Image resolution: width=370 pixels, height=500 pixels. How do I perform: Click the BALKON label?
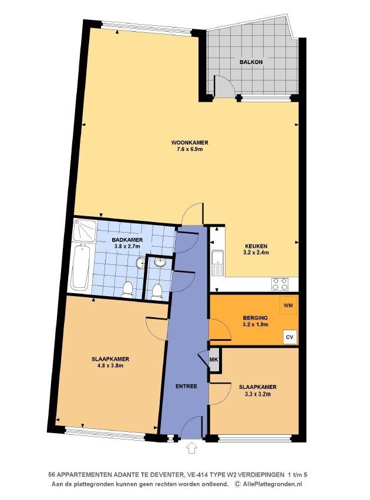coord(251,62)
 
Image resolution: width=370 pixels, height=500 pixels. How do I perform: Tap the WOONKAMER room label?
coord(190,142)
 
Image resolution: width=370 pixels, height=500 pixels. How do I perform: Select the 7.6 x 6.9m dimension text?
coord(190,149)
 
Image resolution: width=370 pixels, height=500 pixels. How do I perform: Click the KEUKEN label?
coord(256,246)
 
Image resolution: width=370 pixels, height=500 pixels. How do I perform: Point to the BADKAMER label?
coord(127,240)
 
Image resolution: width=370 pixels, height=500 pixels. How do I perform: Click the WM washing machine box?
coord(288,305)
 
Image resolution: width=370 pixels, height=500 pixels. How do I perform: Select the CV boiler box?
coord(290,337)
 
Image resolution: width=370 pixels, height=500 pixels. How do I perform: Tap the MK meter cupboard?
coord(214,360)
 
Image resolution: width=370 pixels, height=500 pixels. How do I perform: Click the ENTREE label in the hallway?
coord(186,386)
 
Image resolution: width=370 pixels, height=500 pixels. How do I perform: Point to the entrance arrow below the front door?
coord(191,448)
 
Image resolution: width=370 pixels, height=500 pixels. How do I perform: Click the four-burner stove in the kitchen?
coord(280,284)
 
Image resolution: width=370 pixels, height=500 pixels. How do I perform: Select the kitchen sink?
coord(218,264)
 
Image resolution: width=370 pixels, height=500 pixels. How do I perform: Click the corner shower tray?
coord(85,230)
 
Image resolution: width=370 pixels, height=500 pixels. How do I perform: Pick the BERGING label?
coord(255,318)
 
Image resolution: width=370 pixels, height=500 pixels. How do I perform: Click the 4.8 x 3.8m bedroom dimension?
coord(110,366)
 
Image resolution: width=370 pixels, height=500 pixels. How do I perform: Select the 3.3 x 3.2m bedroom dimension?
coord(257,394)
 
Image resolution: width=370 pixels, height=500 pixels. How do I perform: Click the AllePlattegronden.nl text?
coord(272,484)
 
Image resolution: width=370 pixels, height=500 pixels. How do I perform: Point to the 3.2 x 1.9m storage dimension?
coord(255,324)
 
